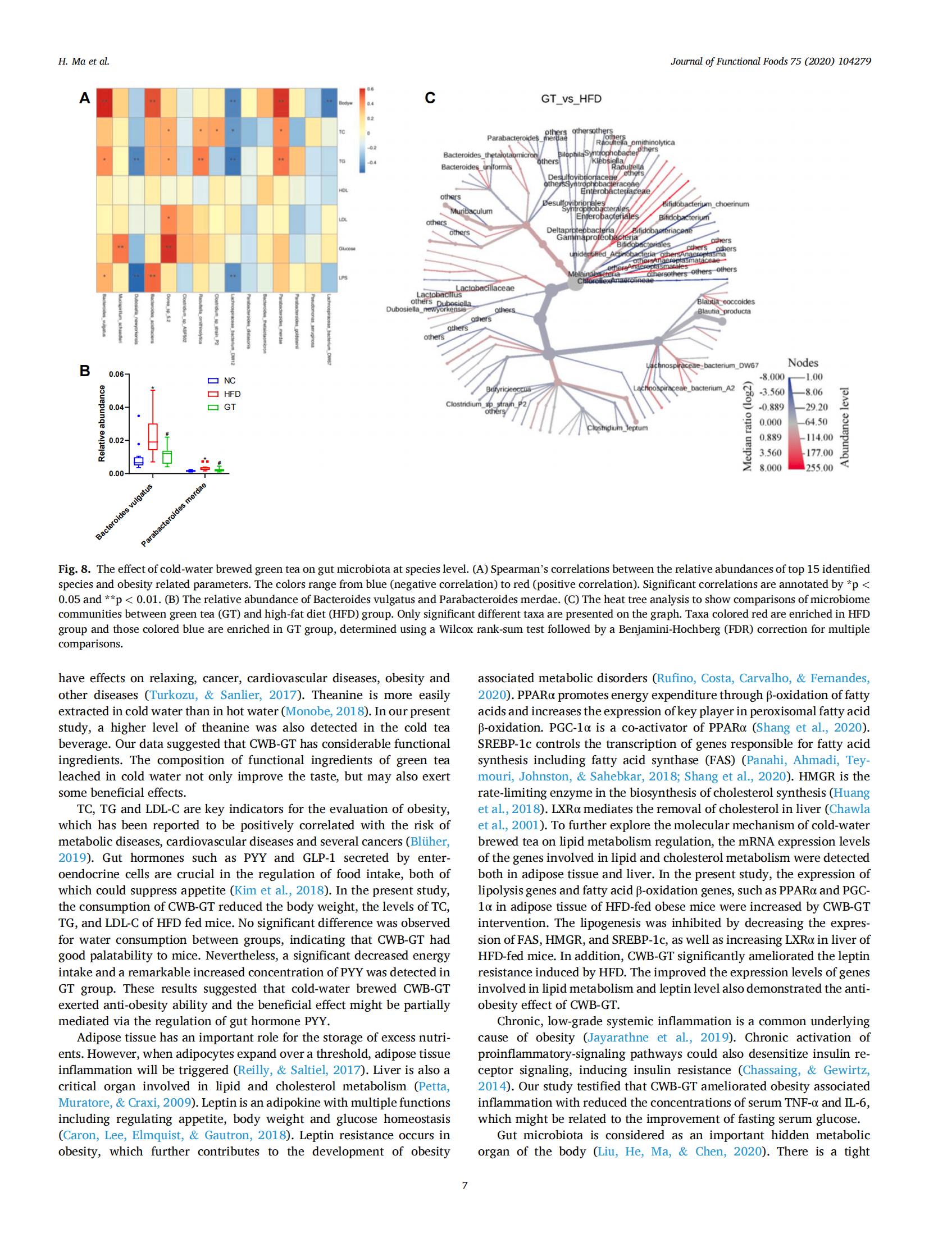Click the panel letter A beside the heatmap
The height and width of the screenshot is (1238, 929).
84,99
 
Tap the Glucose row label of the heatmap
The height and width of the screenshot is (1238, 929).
344,248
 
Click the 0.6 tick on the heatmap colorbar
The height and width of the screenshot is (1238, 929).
370,90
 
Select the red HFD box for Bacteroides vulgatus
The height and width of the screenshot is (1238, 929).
153,436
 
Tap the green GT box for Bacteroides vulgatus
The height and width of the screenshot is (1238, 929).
167,457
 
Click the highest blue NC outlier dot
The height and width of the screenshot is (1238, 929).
139,415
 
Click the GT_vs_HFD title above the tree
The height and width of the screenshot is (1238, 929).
571,99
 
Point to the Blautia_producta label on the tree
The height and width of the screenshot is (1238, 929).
723,311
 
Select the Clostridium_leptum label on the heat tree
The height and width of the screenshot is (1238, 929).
617,428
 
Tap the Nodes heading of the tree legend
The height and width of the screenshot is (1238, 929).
803,363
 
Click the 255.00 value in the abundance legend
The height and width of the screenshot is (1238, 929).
819,468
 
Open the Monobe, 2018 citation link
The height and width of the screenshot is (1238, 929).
325,711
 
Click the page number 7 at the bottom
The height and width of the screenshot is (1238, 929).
464,1186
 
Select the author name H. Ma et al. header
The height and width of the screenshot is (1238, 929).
84,62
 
